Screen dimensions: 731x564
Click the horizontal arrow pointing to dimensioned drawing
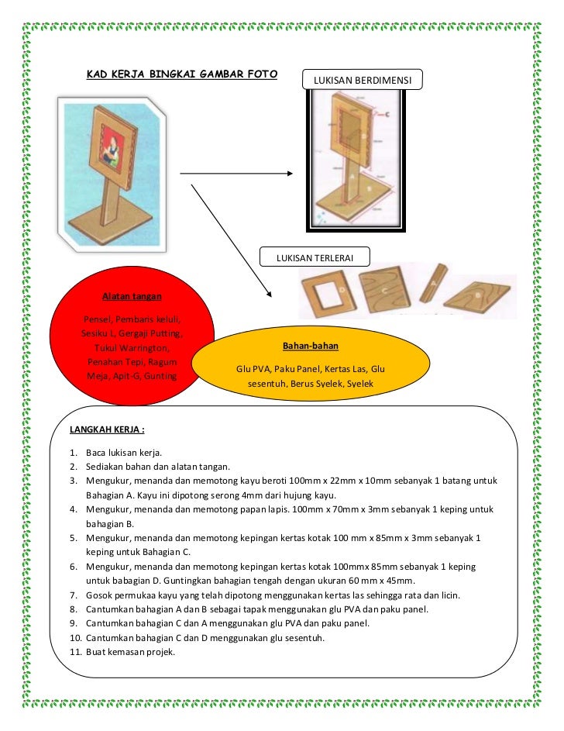point(236,173)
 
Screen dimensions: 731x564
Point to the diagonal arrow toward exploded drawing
point(231,240)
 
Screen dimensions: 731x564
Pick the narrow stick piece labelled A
point(433,286)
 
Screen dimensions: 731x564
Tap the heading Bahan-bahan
point(311,346)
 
